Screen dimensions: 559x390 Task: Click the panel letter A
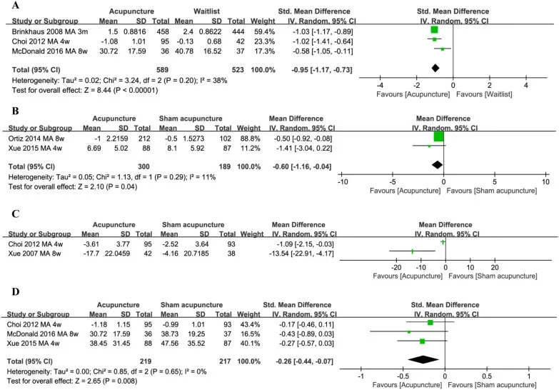coord(15,5)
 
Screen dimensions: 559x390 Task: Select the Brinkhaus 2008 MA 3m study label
coord(50,31)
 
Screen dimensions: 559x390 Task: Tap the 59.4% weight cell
coord(264,31)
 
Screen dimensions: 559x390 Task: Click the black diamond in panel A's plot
coord(435,68)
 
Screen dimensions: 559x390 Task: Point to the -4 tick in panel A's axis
coord(380,85)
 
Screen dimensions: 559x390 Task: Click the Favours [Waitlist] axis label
coord(484,94)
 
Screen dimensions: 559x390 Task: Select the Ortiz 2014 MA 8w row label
coord(36,139)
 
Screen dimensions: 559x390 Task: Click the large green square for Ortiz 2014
coord(438,136)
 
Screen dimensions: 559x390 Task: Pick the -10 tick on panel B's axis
coord(343,181)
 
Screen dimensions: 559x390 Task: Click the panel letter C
coord(15,214)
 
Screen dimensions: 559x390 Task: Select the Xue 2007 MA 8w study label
coord(34,254)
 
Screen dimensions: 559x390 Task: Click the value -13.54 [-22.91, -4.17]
coord(301,254)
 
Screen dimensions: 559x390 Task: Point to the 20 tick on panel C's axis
coord(495,268)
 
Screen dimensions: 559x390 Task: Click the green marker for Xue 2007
coord(413,251)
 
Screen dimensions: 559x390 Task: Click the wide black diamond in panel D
coord(423,360)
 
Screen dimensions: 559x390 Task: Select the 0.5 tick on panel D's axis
coord(487,376)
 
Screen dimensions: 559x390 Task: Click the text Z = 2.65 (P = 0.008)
coord(106,381)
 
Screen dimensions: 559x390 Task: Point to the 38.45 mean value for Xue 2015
coord(98,344)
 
